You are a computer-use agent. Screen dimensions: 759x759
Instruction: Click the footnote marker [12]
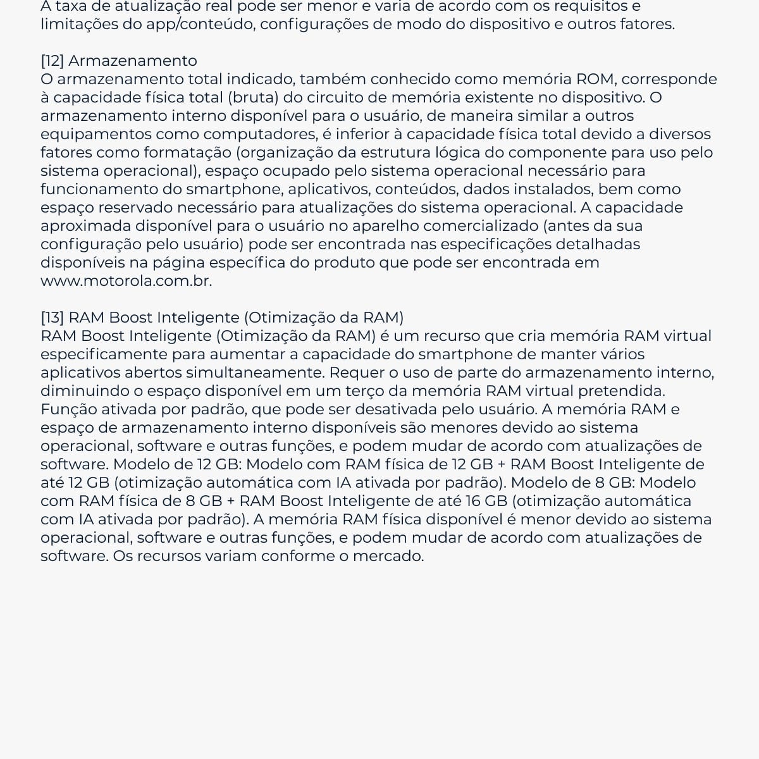[x=52, y=61]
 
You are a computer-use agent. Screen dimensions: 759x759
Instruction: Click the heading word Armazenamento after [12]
[x=133, y=61]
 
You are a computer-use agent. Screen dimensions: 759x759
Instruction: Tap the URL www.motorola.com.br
[x=126, y=281]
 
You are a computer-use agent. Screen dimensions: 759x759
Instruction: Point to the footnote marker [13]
[x=52, y=318]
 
